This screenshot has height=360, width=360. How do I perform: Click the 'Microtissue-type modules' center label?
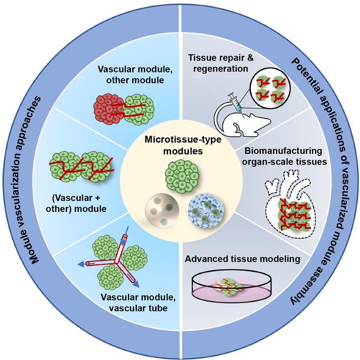point(180,145)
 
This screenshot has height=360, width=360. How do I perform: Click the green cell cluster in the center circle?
point(179,174)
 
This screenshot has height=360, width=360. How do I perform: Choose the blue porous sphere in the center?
point(201,208)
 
